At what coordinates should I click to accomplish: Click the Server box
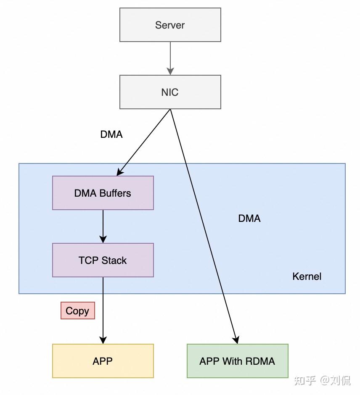coord(170,25)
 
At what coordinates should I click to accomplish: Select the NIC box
coord(170,92)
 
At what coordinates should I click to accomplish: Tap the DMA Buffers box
coord(103,193)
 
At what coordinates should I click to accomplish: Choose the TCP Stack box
coord(103,260)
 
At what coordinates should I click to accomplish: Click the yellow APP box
coord(103,361)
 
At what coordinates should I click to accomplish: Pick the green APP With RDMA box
coord(237,361)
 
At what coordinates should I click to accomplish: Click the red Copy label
coord(77,311)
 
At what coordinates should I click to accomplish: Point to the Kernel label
coord(307,276)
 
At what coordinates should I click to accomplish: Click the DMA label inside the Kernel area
coord(249,219)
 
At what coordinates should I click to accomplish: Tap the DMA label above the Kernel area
coord(111,134)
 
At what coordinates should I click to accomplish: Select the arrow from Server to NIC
coord(170,58)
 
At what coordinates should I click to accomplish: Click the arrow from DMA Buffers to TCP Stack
coord(103,226)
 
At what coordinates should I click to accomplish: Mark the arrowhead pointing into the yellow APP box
coord(103,340)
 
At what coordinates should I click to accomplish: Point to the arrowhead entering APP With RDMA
coord(236,340)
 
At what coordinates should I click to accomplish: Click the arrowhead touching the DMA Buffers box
coord(119,172)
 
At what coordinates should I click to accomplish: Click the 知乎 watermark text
coord(305,380)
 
